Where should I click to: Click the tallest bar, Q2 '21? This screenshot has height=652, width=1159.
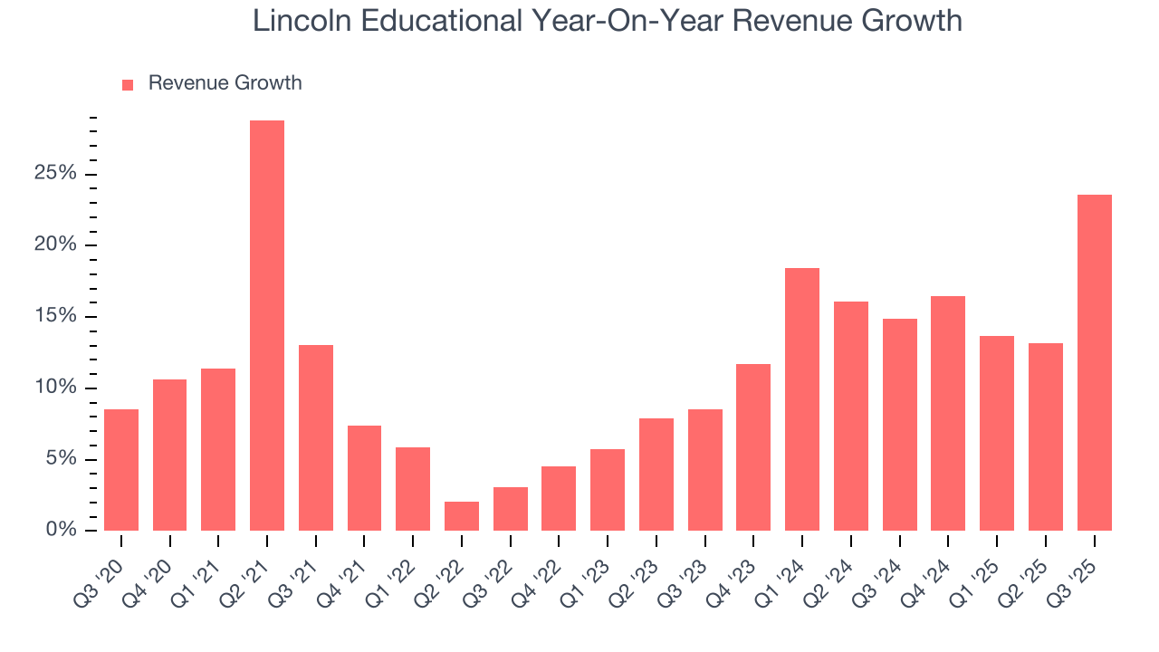pos(267,326)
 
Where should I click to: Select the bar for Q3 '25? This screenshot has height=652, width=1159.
pos(1095,362)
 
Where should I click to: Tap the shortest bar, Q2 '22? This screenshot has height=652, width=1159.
pos(462,516)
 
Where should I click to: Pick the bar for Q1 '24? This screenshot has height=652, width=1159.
pos(802,399)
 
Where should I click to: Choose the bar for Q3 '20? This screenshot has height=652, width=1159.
pos(121,470)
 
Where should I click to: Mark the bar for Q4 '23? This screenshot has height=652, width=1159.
pos(753,447)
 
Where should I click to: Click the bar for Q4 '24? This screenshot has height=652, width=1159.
pos(948,413)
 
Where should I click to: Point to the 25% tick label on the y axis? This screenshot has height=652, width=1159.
pos(55,174)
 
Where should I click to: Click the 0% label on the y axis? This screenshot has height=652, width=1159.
pos(61,531)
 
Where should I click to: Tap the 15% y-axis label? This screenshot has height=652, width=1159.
pos(55,317)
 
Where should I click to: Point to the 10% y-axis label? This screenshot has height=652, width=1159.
pos(55,388)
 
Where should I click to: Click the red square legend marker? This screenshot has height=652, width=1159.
pos(128,84)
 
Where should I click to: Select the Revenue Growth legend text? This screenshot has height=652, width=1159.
pos(225,83)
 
